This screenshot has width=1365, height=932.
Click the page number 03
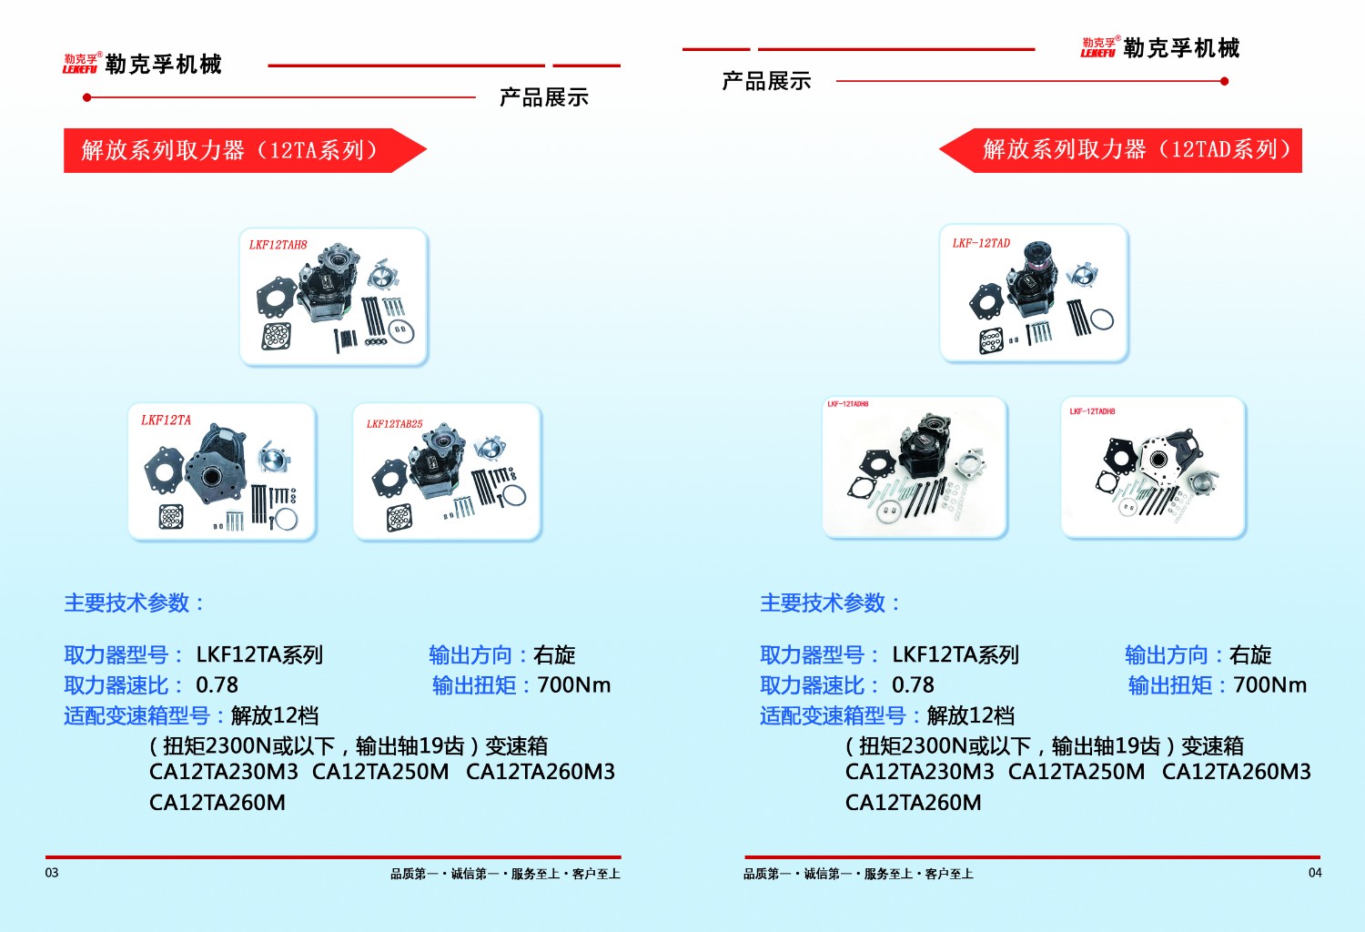pos(52,873)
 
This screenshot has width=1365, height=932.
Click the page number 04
pos(1315,873)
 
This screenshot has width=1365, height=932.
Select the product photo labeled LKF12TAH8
pos(333,297)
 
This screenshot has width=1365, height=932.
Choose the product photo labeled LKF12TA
pos(222,472)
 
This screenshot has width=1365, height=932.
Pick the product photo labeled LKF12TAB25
pos(447,472)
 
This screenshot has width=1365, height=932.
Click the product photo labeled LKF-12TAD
pos(1034,294)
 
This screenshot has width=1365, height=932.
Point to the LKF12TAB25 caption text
pos(394,424)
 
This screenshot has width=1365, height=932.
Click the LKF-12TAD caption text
pos(981,243)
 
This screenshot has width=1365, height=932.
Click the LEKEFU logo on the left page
pos(80,64)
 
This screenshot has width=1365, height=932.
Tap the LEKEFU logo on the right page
pos(1098,48)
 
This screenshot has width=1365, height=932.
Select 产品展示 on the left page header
pos(544,97)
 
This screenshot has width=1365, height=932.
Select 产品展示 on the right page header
pos(766,82)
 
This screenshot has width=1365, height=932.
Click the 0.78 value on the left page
pos(217,685)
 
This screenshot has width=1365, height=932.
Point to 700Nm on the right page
pos(1269,685)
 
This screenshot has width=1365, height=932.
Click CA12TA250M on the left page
pos(380,772)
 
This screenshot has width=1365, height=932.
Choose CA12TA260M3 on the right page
pos(1236,772)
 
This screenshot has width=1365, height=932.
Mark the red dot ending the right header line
pos(1224,81)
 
